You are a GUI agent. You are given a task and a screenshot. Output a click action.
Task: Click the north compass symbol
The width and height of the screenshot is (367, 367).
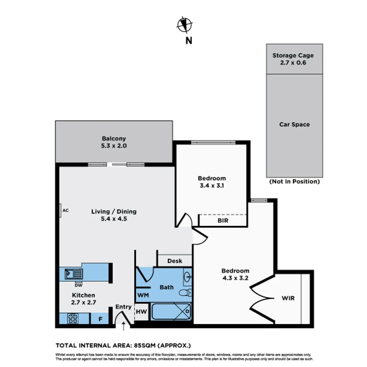[x=185, y=24]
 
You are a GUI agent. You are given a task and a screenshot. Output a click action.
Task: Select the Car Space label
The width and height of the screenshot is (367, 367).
[x=294, y=124]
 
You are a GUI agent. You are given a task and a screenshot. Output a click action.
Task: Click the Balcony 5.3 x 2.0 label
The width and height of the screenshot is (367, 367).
[x=114, y=142]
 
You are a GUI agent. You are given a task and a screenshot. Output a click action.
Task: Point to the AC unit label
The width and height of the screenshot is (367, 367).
[x=66, y=210]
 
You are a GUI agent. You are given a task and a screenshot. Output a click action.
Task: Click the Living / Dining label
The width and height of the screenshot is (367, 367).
[x=114, y=215]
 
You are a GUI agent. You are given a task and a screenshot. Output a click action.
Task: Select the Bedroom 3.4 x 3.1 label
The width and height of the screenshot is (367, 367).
[x=212, y=182]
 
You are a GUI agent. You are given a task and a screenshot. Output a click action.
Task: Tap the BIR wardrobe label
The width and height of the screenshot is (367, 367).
[x=223, y=221]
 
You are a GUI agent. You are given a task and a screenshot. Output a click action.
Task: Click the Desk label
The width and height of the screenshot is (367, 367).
[x=175, y=261]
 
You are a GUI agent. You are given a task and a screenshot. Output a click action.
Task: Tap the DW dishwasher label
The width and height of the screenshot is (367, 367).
[x=78, y=285]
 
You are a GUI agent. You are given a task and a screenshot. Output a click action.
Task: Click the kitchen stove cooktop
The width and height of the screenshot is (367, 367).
[x=73, y=318]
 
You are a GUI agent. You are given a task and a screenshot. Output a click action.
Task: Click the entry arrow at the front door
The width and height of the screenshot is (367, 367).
[x=123, y=327]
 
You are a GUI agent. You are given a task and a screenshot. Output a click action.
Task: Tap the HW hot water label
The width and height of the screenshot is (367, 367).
[x=141, y=311]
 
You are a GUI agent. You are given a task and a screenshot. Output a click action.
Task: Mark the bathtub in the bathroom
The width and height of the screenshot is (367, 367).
[x=171, y=312]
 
